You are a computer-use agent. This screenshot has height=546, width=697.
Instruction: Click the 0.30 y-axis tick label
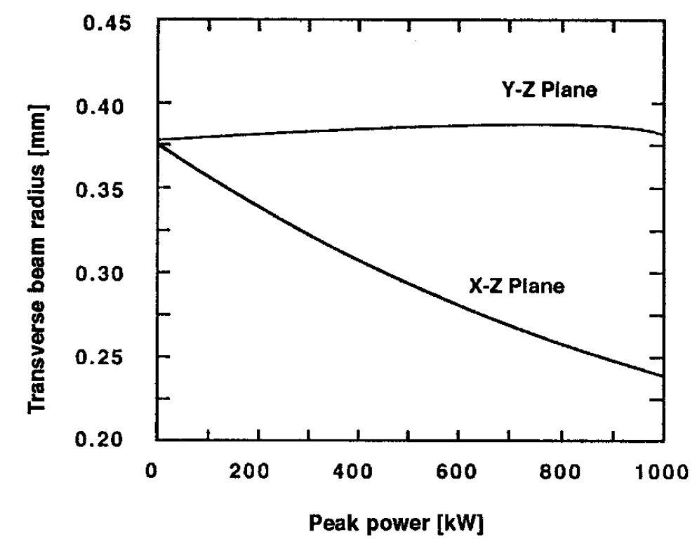[x=112, y=273]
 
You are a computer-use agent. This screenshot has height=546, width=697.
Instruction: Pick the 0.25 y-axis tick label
[x=112, y=357]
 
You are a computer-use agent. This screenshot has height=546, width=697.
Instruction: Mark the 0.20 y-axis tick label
[x=112, y=441]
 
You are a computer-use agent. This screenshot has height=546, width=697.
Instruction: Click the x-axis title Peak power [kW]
[x=409, y=522]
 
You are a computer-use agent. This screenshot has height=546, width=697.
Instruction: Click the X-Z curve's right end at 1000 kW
[x=662, y=375]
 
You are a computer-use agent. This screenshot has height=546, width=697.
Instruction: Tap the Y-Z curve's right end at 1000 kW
[x=662, y=134]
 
